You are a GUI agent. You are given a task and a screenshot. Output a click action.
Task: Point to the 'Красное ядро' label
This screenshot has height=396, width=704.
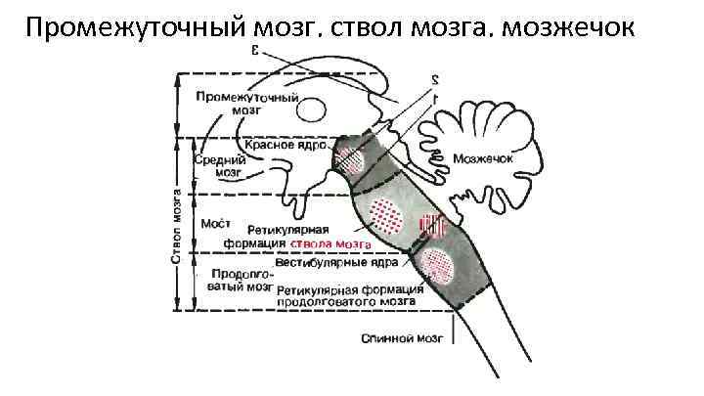(285, 144)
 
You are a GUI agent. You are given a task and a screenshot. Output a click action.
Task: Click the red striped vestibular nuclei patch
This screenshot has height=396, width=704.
(431, 226)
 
